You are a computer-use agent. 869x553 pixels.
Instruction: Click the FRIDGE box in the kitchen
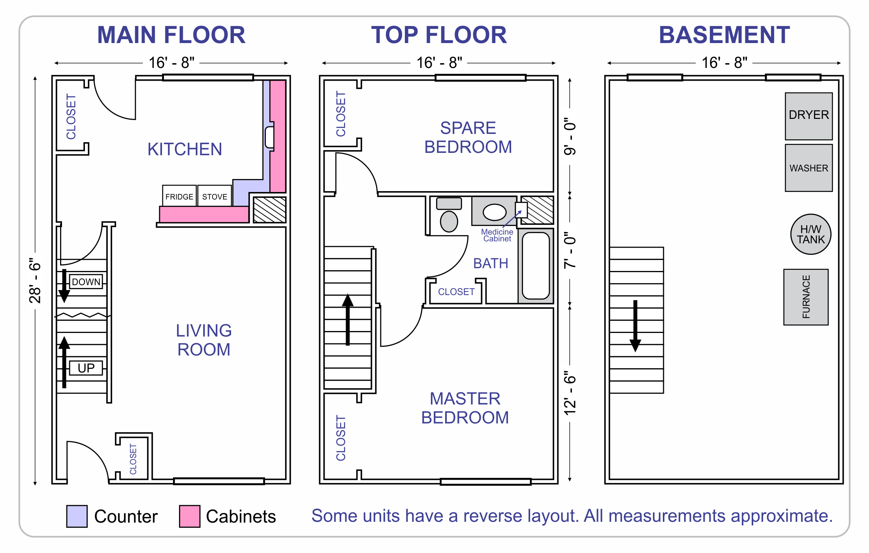(x=179, y=196)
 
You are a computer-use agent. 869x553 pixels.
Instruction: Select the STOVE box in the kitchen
(x=214, y=196)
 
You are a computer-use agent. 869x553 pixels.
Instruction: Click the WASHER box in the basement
(x=809, y=168)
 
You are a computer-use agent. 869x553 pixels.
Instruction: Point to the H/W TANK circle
(x=811, y=234)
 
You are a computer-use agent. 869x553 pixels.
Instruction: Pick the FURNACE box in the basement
(x=806, y=297)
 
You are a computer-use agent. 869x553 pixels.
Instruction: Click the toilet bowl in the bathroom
(x=449, y=221)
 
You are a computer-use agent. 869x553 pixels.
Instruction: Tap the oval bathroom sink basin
(x=494, y=212)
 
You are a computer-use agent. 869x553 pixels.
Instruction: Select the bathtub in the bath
(x=536, y=265)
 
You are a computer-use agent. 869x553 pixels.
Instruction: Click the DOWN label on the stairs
(x=86, y=282)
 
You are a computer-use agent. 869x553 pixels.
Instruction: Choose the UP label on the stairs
(x=86, y=368)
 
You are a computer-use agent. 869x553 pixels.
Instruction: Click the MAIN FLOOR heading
(x=171, y=35)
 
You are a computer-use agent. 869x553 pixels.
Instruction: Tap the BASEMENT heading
(x=724, y=35)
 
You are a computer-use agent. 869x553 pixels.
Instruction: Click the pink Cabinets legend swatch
(x=190, y=516)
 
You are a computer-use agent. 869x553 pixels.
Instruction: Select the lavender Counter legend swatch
(x=77, y=516)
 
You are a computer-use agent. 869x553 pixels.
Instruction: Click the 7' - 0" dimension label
(x=570, y=250)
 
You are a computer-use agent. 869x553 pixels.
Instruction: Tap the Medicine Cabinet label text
(x=497, y=235)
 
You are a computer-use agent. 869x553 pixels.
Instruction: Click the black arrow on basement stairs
(x=635, y=326)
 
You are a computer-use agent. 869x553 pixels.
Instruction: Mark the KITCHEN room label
(x=184, y=149)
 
